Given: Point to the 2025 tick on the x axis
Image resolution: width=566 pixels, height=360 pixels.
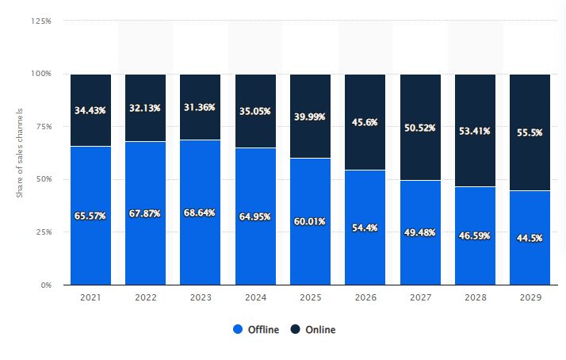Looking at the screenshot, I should point(310,297).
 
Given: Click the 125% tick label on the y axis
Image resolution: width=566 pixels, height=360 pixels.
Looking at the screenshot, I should point(41,21).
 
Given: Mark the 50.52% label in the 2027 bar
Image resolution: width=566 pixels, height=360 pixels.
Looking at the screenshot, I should point(420,127).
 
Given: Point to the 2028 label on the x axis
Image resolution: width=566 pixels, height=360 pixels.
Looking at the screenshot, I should point(475,297).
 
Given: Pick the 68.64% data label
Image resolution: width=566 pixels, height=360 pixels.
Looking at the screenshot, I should point(200,214).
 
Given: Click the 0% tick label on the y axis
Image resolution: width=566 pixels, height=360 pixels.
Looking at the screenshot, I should point(45,285).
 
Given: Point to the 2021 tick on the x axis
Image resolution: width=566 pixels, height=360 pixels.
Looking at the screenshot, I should point(90,297).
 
